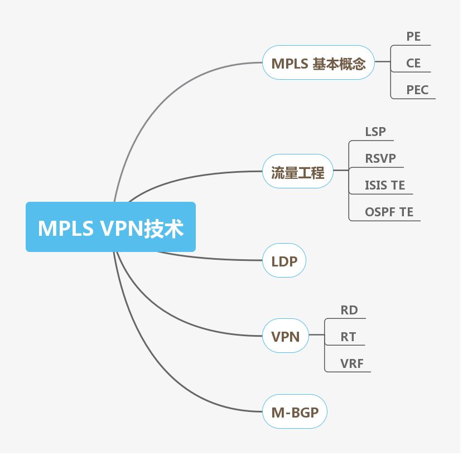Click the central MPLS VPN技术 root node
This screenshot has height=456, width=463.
tap(110, 227)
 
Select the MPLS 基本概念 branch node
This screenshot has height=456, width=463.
tap(319, 63)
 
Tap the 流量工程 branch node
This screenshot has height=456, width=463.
tap(297, 172)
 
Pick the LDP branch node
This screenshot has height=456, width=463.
tap(284, 261)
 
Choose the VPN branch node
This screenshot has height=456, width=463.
tap(285, 336)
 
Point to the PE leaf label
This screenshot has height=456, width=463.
tap(413, 37)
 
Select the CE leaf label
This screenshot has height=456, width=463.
tap(413, 63)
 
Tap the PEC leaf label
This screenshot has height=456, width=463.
tap(417, 89)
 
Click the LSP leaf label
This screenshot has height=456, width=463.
tap(375, 132)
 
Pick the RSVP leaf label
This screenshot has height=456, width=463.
tap(380, 158)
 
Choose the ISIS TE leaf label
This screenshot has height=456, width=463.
tap(385, 185)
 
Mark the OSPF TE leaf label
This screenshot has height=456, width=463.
tap(389, 212)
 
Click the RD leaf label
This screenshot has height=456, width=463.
tap(349, 310)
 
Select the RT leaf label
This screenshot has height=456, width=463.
tap(348, 337)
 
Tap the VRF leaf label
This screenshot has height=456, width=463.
tap(352, 363)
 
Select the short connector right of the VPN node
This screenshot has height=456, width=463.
tap(316, 336)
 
